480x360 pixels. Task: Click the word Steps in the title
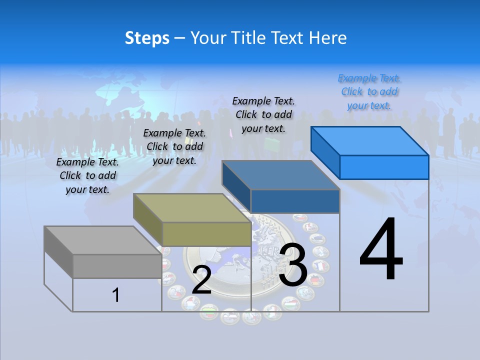(x=147, y=38)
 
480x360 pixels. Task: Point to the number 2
(x=201, y=280)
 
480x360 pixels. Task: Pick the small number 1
(x=116, y=295)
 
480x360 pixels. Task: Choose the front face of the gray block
(x=117, y=266)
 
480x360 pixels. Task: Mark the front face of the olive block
(x=206, y=234)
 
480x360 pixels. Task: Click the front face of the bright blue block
(x=384, y=167)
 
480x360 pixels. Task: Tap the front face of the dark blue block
(x=295, y=201)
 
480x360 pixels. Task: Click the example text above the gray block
(x=87, y=175)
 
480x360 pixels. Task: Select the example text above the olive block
(x=174, y=146)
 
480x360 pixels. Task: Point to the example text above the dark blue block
(x=263, y=114)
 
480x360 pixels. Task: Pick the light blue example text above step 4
(x=369, y=91)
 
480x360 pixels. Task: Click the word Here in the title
(x=328, y=38)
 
